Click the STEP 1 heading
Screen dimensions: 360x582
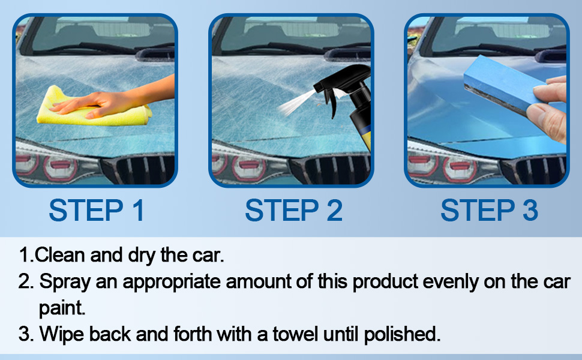(x=97, y=211)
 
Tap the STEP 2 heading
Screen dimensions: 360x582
(x=293, y=211)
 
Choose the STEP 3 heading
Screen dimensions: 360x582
(x=489, y=211)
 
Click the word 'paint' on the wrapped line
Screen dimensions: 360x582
(x=62, y=308)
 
